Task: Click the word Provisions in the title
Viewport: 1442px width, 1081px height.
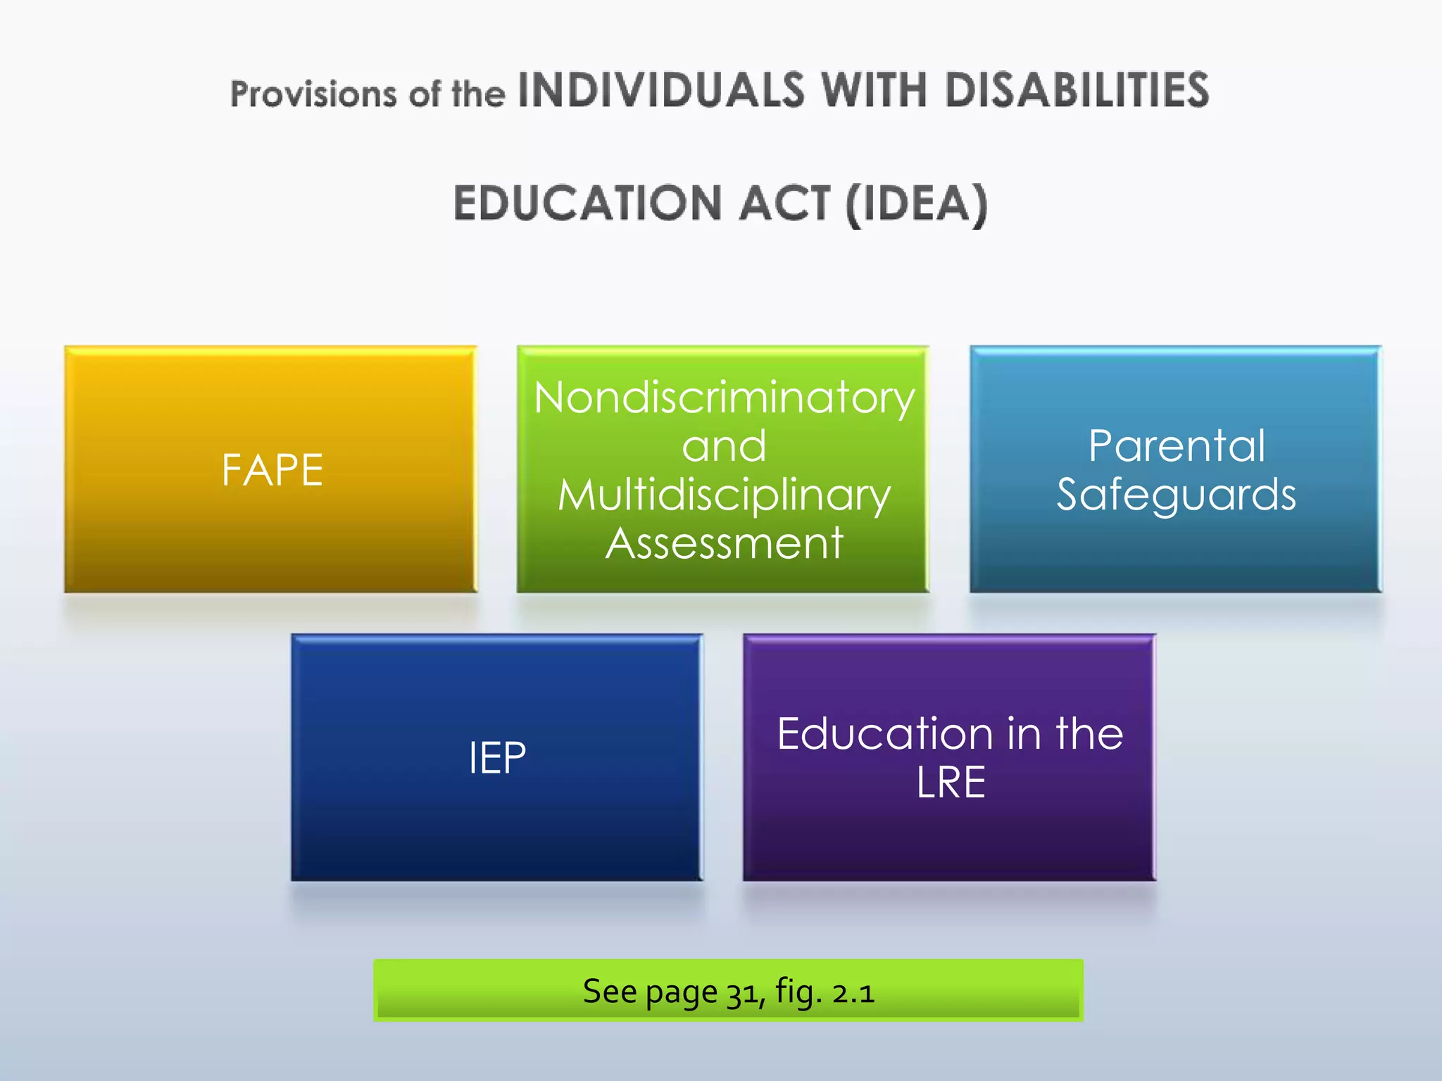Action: pyautogui.click(x=313, y=94)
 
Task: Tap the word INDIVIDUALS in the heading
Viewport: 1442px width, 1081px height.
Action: pyautogui.click(x=660, y=91)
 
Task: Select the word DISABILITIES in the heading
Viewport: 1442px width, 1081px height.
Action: pyautogui.click(x=1077, y=91)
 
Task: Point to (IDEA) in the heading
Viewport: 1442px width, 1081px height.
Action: pyautogui.click(x=917, y=204)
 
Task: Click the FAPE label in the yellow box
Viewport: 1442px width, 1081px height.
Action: pyautogui.click(x=272, y=470)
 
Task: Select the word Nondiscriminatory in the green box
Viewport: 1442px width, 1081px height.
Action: pyautogui.click(x=724, y=398)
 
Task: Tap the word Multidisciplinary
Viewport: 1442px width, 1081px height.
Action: pyautogui.click(x=724, y=495)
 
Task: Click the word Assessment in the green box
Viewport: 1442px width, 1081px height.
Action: pyautogui.click(x=724, y=543)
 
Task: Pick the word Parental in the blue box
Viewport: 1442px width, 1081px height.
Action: pyautogui.click(x=1177, y=446)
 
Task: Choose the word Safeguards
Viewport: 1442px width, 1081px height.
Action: pyautogui.click(x=1177, y=495)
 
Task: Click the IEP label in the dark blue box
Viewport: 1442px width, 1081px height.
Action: pyautogui.click(x=497, y=758)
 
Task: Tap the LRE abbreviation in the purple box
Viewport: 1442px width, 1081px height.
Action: pyautogui.click(x=951, y=783)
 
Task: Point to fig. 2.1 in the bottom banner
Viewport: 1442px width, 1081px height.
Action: pyautogui.click(x=825, y=992)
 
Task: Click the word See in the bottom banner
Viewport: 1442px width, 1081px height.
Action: pyautogui.click(x=610, y=992)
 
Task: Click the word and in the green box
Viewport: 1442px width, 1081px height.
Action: pyautogui.click(x=724, y=446)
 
